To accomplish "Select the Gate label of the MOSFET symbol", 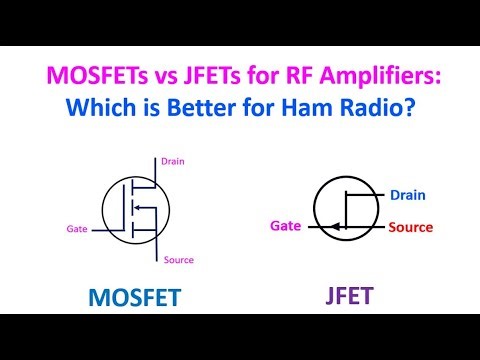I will tap(77, 228).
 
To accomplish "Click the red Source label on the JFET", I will tap(410, 227).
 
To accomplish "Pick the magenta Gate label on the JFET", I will tap(287, 226).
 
